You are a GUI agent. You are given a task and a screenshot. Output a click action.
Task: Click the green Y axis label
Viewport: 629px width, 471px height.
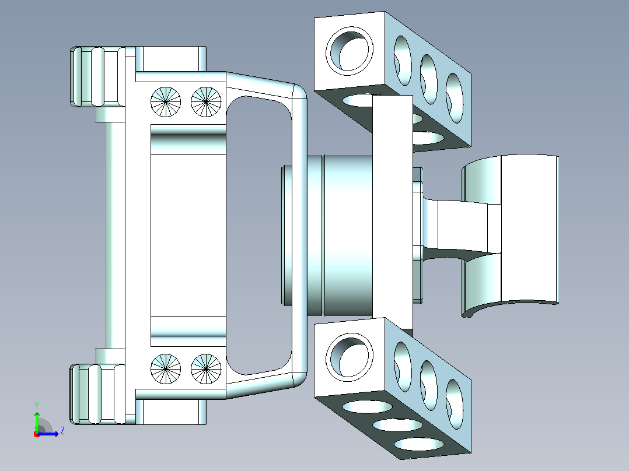tap(37, 405)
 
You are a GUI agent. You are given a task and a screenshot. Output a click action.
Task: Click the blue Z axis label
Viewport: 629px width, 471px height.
tap(62, 431)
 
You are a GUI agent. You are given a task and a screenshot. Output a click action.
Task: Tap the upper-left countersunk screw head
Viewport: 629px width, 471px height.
tap(166, 102)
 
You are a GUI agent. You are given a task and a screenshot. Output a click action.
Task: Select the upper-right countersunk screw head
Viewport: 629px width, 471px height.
tap(206, 102)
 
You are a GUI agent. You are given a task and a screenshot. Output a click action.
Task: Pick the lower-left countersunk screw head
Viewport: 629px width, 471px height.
tap(166, 369)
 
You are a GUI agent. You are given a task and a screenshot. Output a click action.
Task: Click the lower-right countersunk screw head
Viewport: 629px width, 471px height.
tap(206, 369)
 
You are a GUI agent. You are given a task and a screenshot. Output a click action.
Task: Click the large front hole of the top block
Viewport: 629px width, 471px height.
tap(349, 51)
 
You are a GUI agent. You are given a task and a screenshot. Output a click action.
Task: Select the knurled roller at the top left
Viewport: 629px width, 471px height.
tap(97, 76)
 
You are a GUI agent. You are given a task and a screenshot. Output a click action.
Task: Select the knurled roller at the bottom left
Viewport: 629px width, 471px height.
tap(97, 394)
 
